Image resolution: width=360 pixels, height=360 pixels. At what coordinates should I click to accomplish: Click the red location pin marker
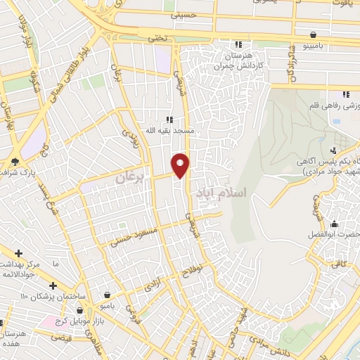(181, 164)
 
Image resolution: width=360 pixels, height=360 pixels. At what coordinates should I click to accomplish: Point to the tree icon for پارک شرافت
(15, 162)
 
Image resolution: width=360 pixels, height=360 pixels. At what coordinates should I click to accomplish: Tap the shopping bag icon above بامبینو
(312, 34)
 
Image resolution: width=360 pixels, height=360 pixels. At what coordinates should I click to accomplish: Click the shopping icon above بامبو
(106, 295)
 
